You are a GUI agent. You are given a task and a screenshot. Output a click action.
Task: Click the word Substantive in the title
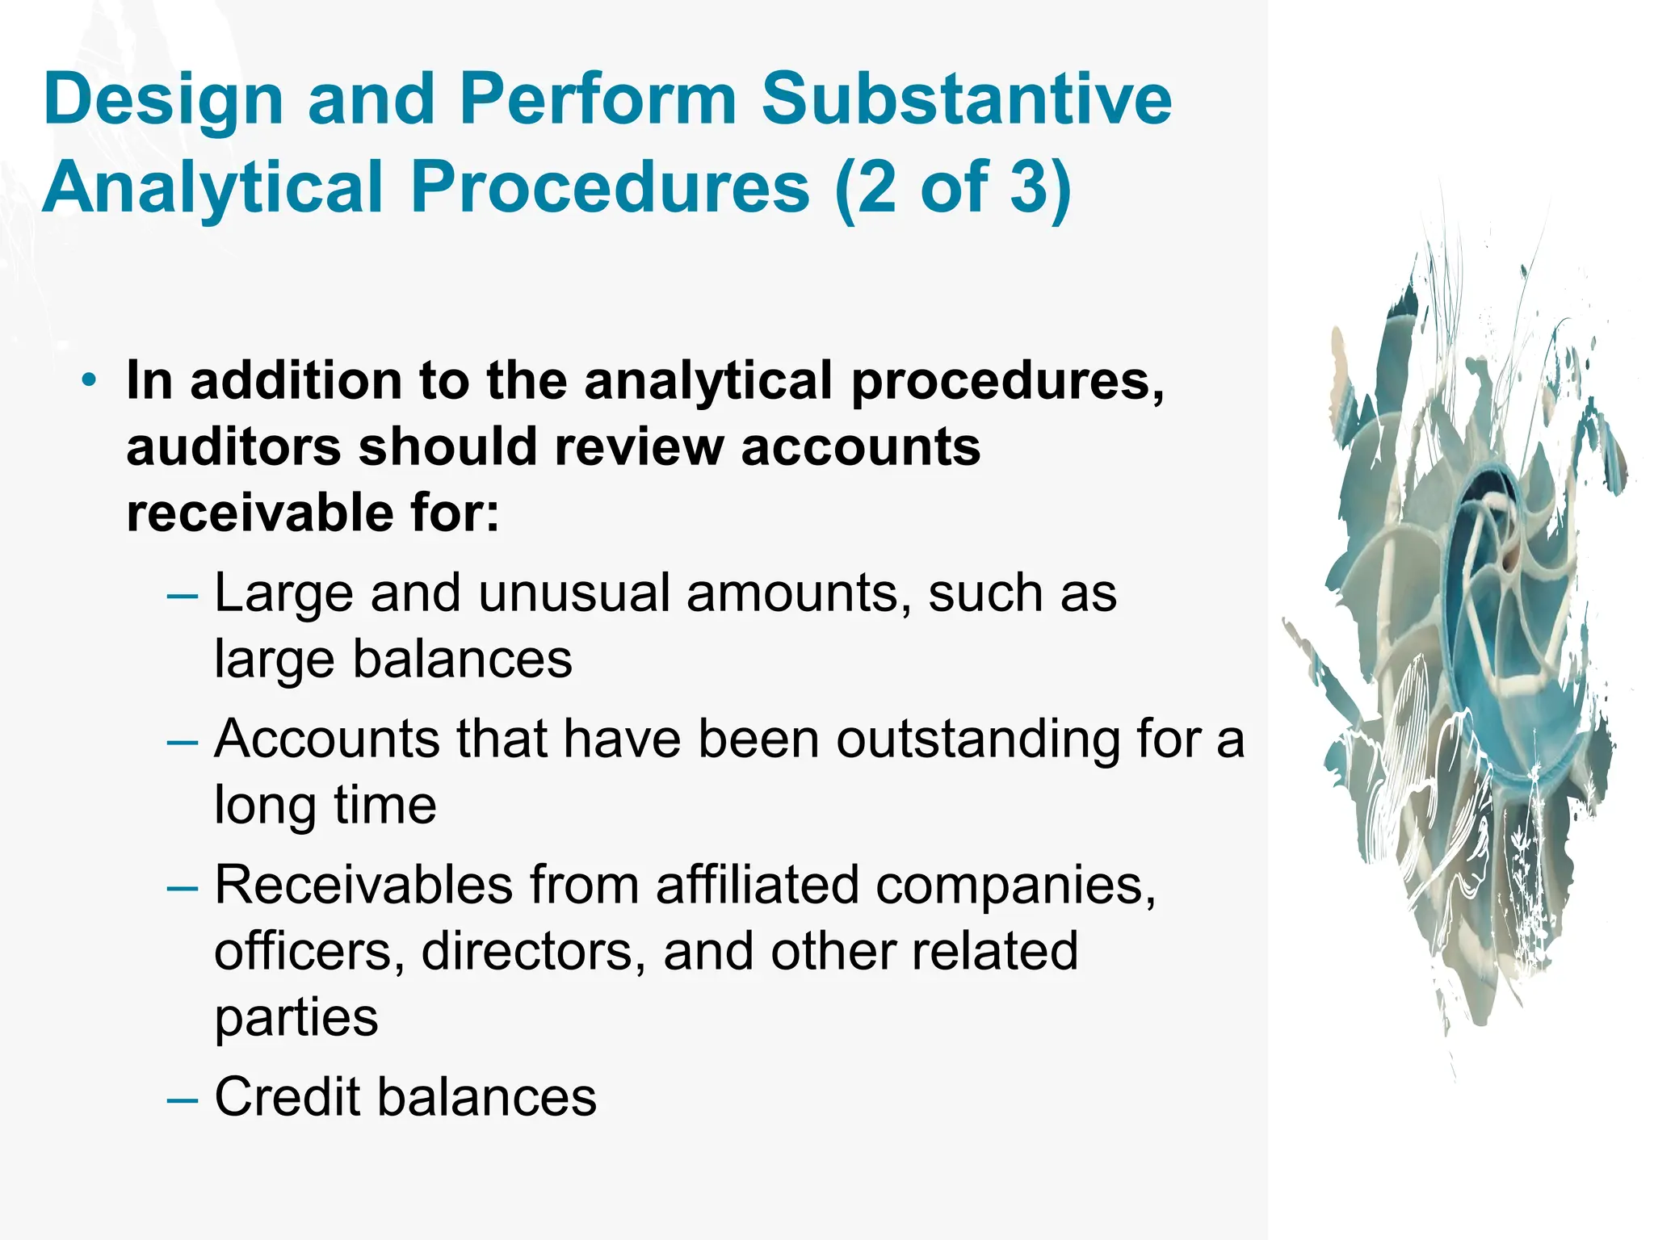click(x=966, y=99)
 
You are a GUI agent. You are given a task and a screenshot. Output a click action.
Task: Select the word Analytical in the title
click(x=212, y=187)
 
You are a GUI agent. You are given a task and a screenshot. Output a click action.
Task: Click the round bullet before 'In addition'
click(x=90, y=379)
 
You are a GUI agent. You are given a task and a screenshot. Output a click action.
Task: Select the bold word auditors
click(x=233, y=446)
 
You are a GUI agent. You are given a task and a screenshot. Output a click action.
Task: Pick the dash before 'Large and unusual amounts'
click(x=182, y=597)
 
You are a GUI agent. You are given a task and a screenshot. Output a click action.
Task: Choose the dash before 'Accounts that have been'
click(x=182, y=742)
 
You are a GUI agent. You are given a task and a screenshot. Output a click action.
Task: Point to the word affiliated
click(x=758, y=885)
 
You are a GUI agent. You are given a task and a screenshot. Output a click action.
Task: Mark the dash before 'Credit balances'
click(x=182, y=1100)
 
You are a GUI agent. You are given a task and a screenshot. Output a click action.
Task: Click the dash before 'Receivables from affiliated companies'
click(x=182, y=888)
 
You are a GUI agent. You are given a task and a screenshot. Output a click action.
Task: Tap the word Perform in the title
click(x=598, y=99)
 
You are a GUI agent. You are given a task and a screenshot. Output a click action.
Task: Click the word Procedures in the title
click(x=611, y=187)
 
